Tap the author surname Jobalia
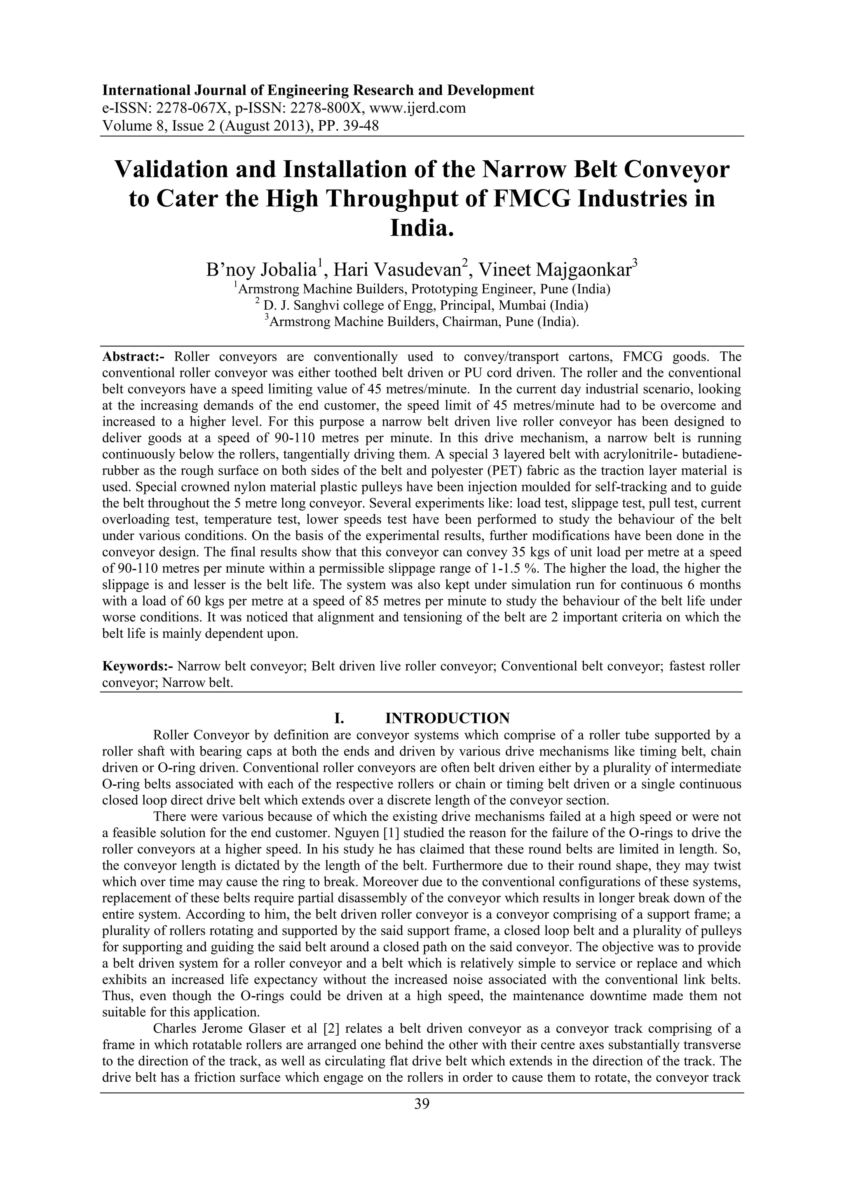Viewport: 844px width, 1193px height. coord(288,270)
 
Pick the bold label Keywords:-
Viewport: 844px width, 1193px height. coord(138,666)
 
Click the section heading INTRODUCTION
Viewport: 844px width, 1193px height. coord(448,718)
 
